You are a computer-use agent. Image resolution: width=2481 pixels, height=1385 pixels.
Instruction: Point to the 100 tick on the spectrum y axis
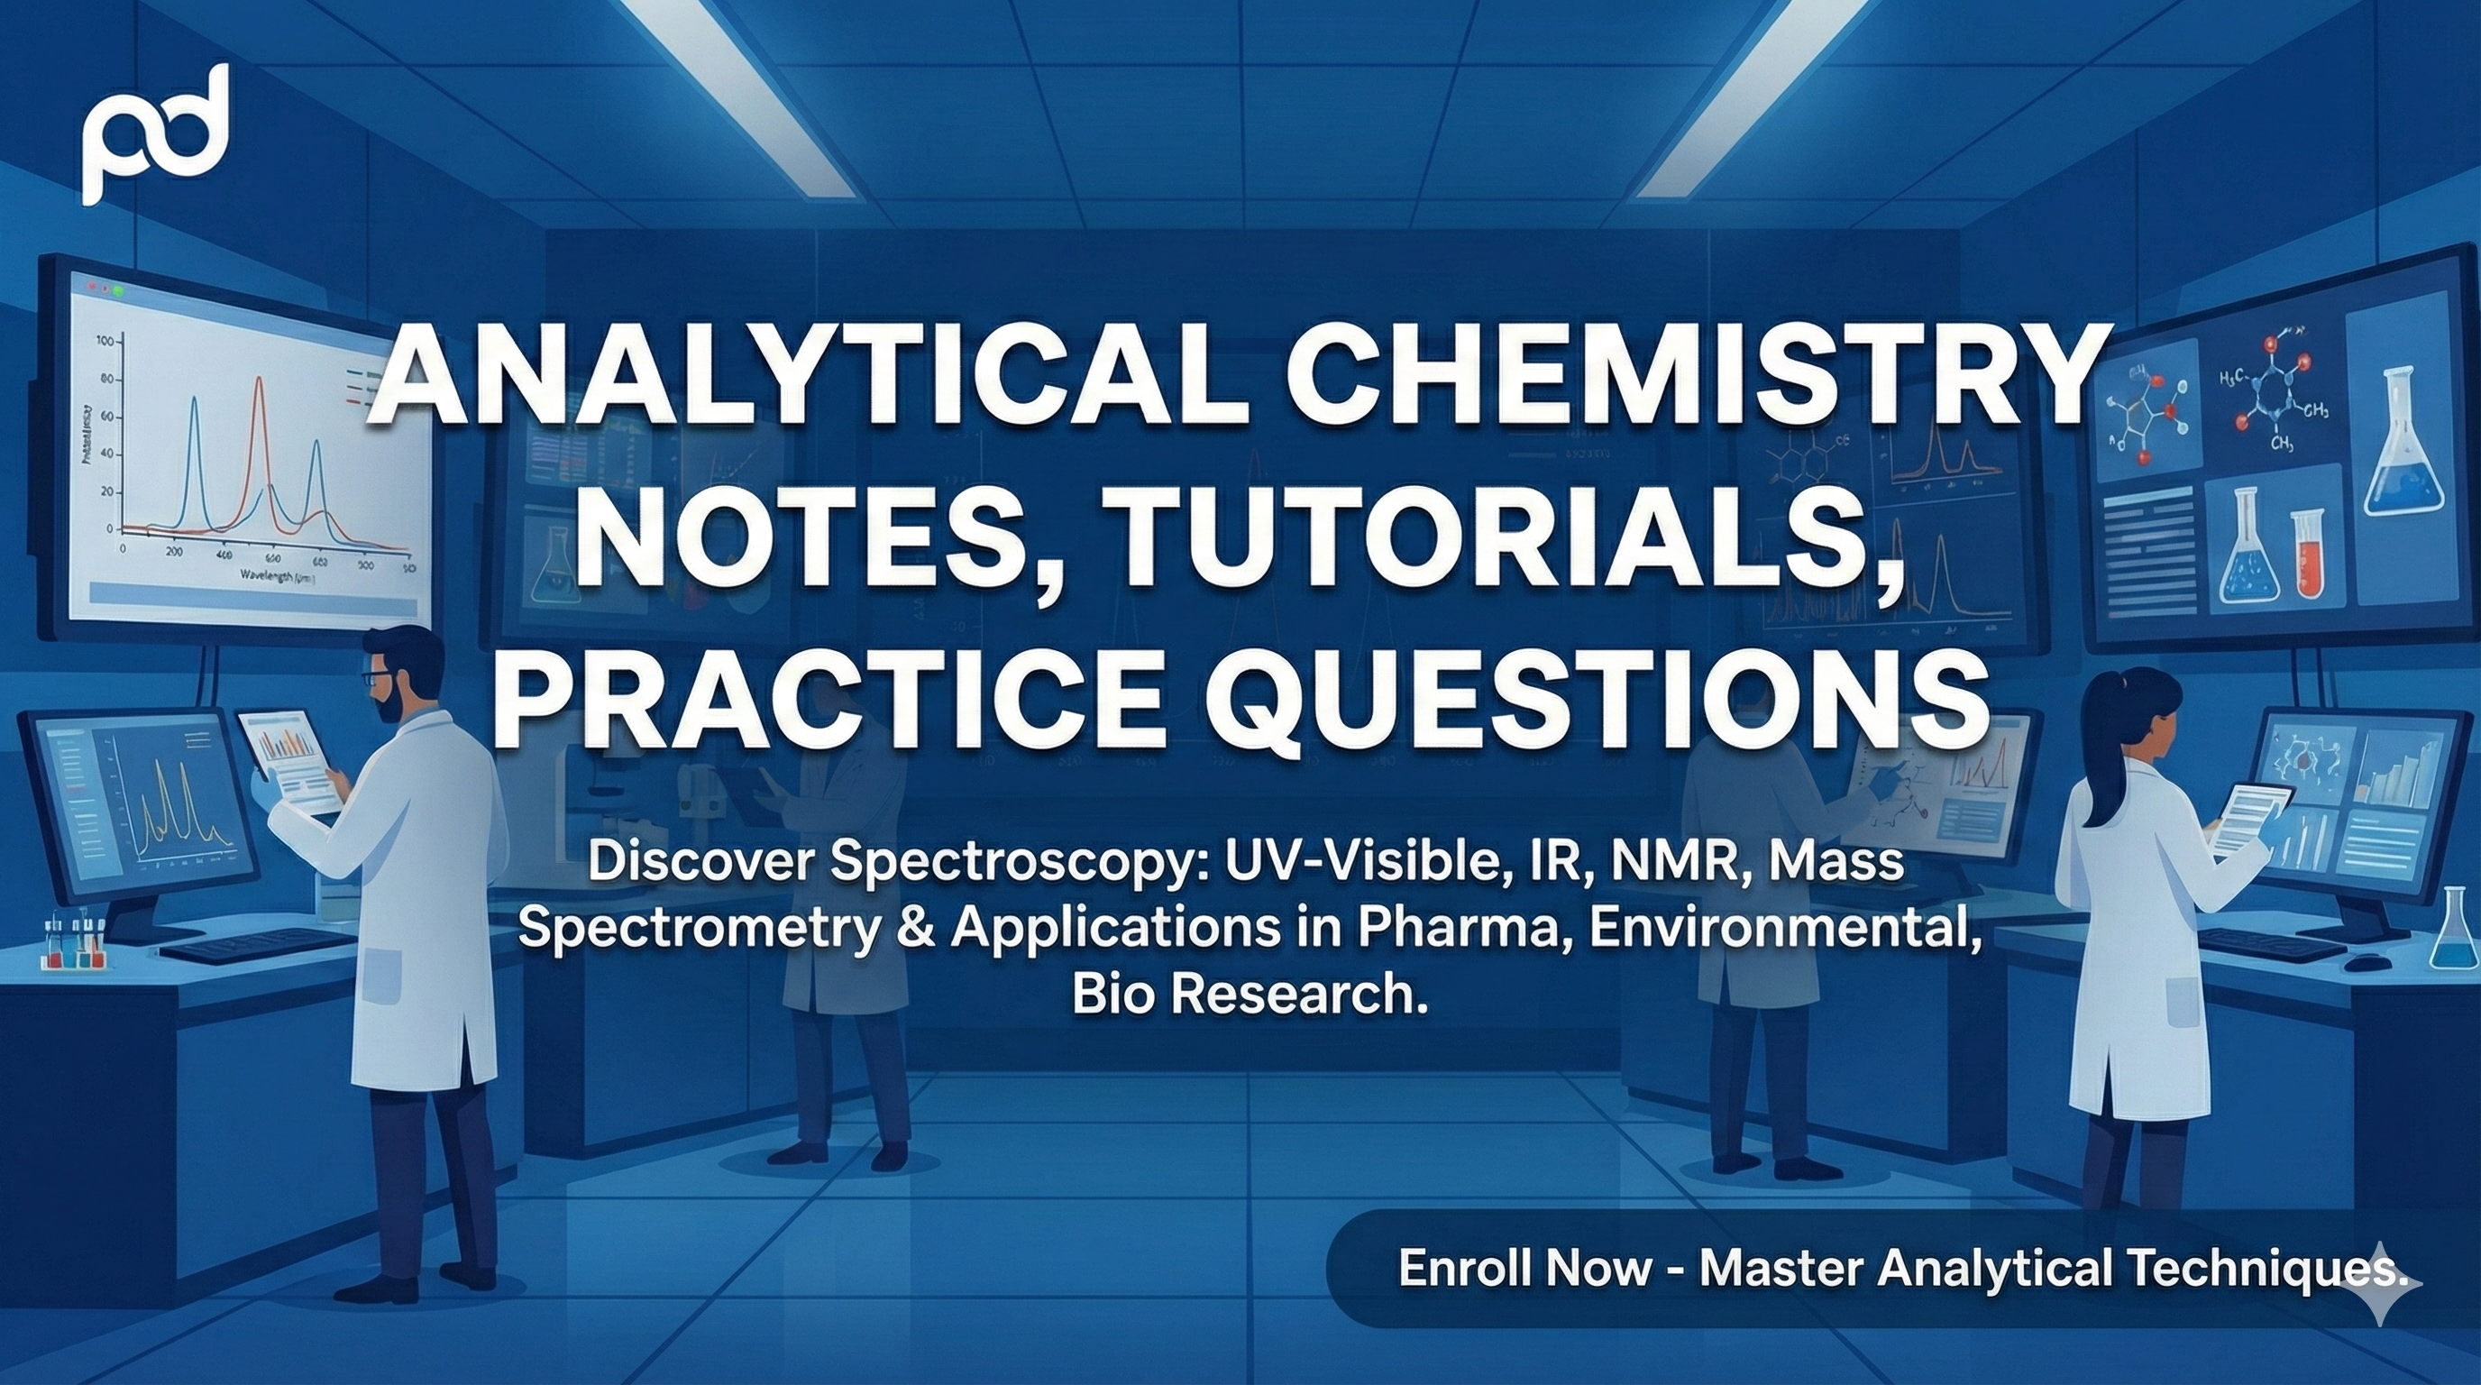click(x=105, y=341)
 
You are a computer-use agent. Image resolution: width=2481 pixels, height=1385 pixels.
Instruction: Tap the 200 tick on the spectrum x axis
click(x=174, y=553)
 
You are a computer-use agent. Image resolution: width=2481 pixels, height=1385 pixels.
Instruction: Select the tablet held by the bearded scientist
click(x=288, y=761)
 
